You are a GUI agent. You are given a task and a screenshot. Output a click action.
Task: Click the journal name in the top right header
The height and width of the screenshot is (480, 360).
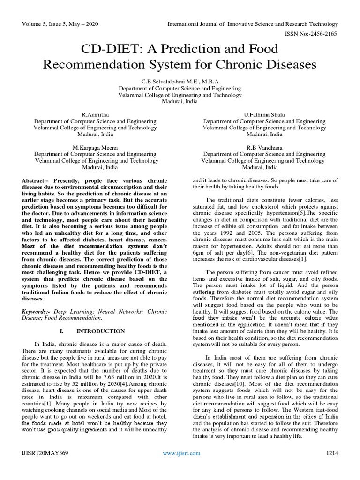[252, 24]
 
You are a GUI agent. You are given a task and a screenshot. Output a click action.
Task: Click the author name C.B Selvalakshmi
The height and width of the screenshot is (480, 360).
[180, 81]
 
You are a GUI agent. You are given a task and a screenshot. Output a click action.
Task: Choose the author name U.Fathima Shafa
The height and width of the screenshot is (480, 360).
[263, 114]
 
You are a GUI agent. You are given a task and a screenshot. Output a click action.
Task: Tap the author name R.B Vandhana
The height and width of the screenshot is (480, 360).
[263, 147]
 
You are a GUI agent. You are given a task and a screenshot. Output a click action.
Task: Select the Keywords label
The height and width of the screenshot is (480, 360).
[37, 311]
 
